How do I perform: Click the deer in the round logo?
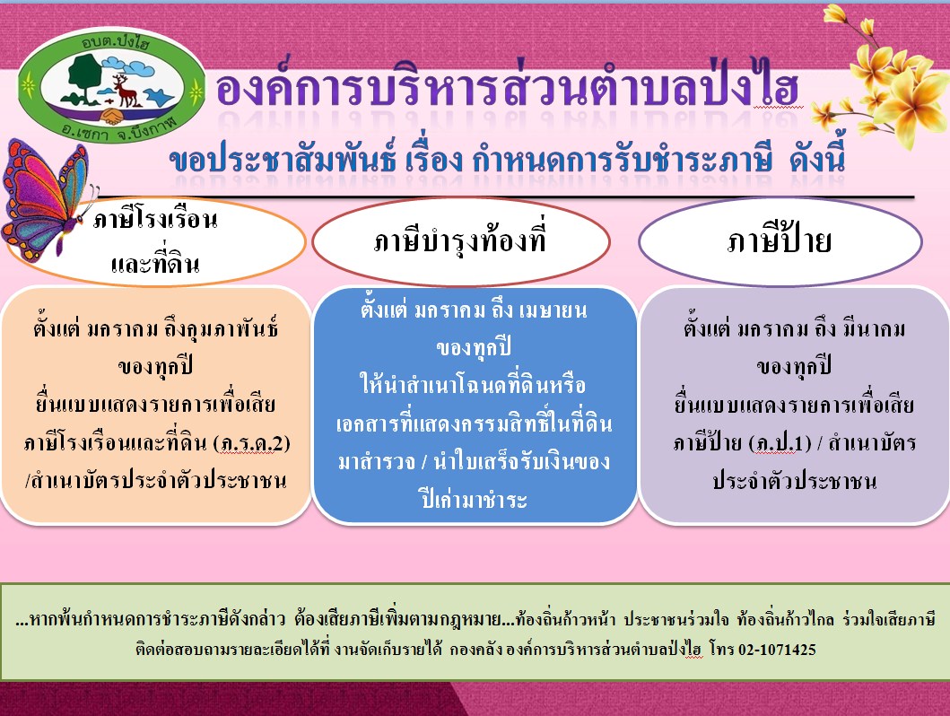126,90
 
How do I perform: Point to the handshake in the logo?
111,115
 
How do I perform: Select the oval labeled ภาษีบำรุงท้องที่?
461,241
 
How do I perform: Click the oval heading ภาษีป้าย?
780,241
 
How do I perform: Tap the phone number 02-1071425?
777,650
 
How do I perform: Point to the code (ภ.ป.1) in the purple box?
780,443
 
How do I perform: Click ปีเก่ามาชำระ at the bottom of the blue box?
474,499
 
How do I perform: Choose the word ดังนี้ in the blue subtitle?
816,159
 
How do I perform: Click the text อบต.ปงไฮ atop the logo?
115,41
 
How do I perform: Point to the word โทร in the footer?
721,650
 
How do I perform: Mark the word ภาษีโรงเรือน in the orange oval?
155,219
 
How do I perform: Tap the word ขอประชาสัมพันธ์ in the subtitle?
283,159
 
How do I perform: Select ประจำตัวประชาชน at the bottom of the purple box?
794,481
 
